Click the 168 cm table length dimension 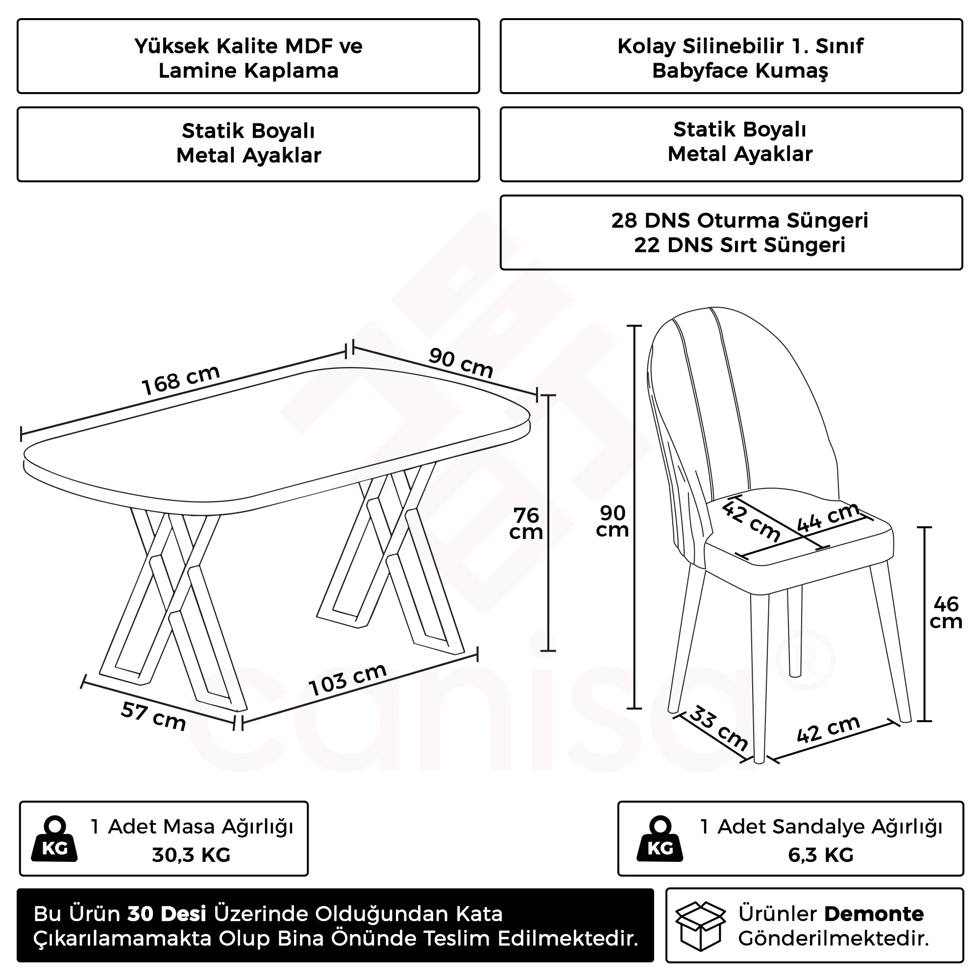[181, 380]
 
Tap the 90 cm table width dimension [461, 363]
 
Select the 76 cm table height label [526, 523]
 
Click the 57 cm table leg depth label [153, 716]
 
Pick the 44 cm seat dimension [828, 517]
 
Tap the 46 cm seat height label [946, 613]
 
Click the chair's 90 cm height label [612, 521]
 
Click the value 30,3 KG [191, 855]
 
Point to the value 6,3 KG [821, 855]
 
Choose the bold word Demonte [874, 913]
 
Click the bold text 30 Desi [167, 913]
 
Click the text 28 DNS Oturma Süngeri [739, 220]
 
